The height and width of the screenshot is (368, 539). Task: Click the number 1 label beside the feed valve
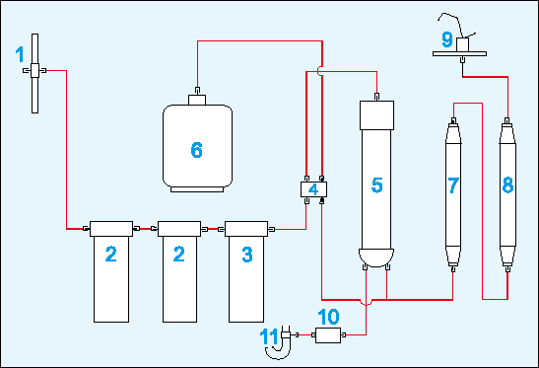click(x=20, y=54)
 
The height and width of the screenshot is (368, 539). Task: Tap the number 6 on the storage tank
click(x=197, y=150)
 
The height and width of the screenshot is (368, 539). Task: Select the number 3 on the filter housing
click(x=247, y=255)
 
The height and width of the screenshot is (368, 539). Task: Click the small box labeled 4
click(x=313, y=189)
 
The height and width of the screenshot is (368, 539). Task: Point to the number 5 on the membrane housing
click(x=377, y=185)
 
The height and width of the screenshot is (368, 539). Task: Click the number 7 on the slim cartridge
click(x=453, y=185)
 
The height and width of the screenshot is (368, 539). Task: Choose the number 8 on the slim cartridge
click(x=508, y=185)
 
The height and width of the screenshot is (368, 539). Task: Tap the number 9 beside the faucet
click(x=447, y=38)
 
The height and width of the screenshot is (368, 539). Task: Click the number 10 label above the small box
click(x=328, y=317)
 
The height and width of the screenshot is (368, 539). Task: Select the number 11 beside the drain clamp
click(x=269, y=336)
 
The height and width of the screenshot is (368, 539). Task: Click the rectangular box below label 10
click(x=328, y=335)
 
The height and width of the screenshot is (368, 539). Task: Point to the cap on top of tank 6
click(x=197, y=100)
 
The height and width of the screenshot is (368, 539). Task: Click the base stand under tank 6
click(x=197, y=189)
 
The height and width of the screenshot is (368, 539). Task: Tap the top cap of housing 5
click(x=376, y=115)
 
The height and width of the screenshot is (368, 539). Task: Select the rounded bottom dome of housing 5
click(x=376, y=258)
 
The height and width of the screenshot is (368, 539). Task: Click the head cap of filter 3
click(x=246, y=229)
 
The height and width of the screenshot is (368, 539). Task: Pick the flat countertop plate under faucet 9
click(x=459, y=53)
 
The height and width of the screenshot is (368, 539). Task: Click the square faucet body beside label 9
click(x=463, y=44)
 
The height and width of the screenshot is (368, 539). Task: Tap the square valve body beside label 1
click(x=34, y=71)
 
